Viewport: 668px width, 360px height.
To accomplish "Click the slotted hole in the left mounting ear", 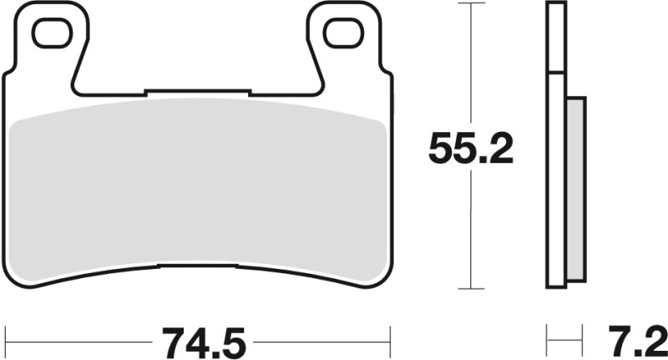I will (x=52, y=33).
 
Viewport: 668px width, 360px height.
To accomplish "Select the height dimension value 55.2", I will (x=470, y=150).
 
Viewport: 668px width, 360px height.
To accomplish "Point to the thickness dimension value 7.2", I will (x=633, y=341).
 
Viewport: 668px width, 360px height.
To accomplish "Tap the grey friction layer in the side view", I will (x=576, y=188).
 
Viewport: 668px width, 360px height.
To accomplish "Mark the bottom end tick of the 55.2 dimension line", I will (x=472, y=289).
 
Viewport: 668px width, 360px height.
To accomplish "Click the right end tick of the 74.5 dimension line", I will (x=390, y=341).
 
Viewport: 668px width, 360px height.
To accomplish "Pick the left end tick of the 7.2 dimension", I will (x=548, y=341).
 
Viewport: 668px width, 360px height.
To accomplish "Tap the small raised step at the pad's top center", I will (x=198, y=90).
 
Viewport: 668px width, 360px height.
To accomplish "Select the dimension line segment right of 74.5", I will (x=321, y=341).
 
